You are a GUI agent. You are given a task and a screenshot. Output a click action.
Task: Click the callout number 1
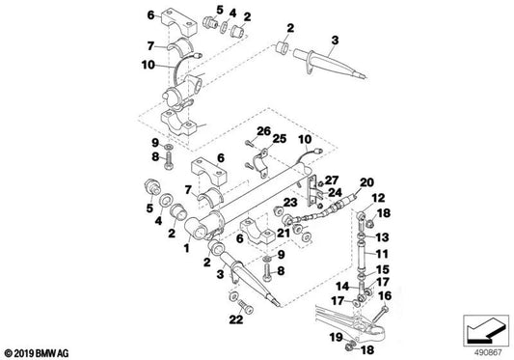coord(186,248)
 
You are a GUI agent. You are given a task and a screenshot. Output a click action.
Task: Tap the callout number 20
coord(366,182)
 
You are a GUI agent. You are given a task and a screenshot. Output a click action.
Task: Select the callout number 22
coord(236,319)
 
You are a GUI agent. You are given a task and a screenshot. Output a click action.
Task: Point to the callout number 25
coord(280,138)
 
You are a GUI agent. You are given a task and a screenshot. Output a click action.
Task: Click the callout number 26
coord(264,131)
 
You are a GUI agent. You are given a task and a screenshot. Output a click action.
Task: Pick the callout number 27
coord(332,180)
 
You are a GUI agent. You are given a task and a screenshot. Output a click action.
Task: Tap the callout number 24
coord(335,192)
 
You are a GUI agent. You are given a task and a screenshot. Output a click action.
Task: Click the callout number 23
coord(290,203)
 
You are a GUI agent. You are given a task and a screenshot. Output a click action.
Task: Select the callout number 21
coord(284,233)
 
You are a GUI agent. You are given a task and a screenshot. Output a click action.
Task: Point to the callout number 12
coord(378,198)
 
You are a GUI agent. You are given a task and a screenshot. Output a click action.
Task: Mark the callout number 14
coord(342,286)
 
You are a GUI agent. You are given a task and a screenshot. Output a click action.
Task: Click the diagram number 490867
coord(488,353)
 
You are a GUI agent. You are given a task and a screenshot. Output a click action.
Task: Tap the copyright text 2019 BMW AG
coord(37,353)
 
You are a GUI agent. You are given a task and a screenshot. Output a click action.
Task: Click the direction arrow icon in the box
coord(486,331)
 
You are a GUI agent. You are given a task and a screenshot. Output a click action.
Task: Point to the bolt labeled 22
coord(246,306)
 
